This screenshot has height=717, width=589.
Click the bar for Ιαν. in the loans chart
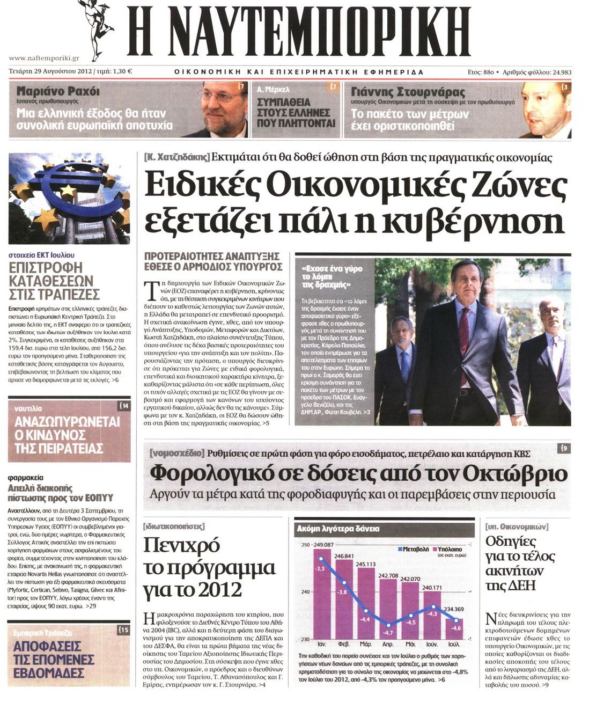321,596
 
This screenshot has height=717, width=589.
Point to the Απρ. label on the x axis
388,643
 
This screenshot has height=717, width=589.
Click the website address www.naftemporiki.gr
44,58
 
